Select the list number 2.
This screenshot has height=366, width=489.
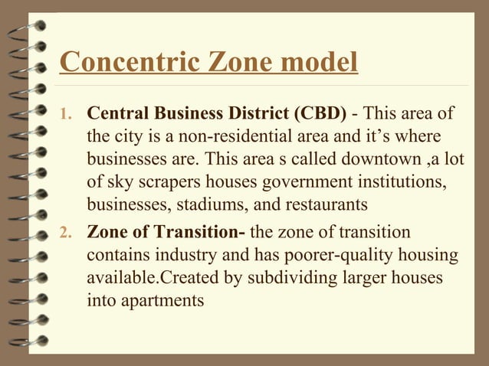[67, 233]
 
